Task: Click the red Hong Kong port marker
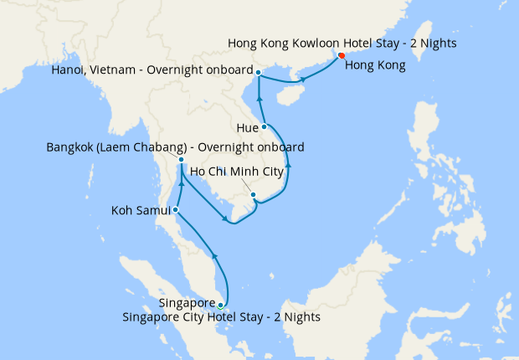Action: [x=341, y=56]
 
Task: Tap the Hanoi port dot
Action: [x=259, y=73]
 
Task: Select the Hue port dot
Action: [x=265, y=126]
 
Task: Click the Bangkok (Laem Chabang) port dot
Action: [x=181, y=160]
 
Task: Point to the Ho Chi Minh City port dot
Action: [x=253, y=195]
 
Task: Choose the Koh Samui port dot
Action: [x=175, y=209]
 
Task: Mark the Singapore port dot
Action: [x=220, y=305]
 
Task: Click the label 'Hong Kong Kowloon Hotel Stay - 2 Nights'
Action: [x=342, y=43]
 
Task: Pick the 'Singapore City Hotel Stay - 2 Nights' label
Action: [x=221, y=318]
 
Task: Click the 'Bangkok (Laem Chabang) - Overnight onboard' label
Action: [x=175, y=147]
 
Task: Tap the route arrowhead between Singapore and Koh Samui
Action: [x=215, y=255]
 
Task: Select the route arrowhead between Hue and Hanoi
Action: [x=259, y=100]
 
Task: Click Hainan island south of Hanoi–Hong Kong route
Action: [x=286, y=97]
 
